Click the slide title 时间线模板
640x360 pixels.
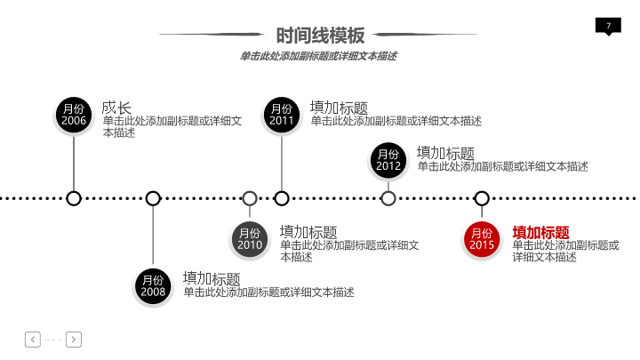click(320, 36)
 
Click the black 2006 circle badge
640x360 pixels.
click(74, 114)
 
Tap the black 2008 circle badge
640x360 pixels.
click(153, 285)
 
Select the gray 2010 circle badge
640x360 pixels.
click(250, 238)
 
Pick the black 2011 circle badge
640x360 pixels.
click(282, 115)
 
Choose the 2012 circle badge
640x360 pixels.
click(388, 160)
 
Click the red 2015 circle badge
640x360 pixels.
click(482, 238)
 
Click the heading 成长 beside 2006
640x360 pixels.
click(116, 108)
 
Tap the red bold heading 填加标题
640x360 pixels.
click(540, 232)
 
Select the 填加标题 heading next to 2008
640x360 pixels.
click(212, 278)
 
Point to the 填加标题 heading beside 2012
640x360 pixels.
click(445, 153)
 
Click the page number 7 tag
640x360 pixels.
click(608, 26)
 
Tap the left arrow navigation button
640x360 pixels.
click(33, 338)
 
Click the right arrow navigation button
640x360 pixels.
click(74, 338)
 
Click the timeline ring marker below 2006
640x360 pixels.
click(74, 198)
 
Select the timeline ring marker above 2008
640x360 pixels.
click(153, 198)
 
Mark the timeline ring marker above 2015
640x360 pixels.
click(482, 198)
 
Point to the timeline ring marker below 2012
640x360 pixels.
click(388, 198)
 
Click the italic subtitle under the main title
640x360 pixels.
click(318, 56)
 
